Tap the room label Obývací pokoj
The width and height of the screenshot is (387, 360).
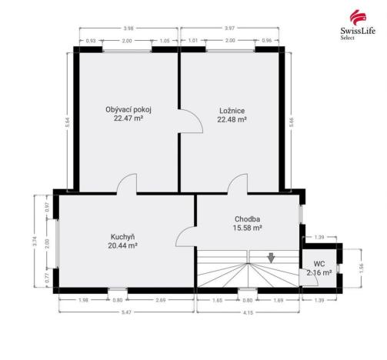click(128, 110)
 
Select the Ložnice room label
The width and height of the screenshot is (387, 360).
click(232, 110)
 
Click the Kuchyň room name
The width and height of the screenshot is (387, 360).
click(123, 236)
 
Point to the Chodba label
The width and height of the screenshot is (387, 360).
click(248, 218)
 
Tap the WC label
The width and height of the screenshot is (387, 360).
click(319, 263)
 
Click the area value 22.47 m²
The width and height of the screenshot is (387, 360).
click(128, 119)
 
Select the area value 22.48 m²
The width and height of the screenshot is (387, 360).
click(232, 119)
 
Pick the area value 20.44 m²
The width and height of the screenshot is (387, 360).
click(123, 245)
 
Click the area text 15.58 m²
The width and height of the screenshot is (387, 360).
click(248, 228)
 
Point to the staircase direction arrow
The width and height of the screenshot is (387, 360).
click(271, 258)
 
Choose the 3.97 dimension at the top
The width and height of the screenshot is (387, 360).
click(231, 29)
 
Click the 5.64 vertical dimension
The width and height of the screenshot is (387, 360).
click(67, 121)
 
